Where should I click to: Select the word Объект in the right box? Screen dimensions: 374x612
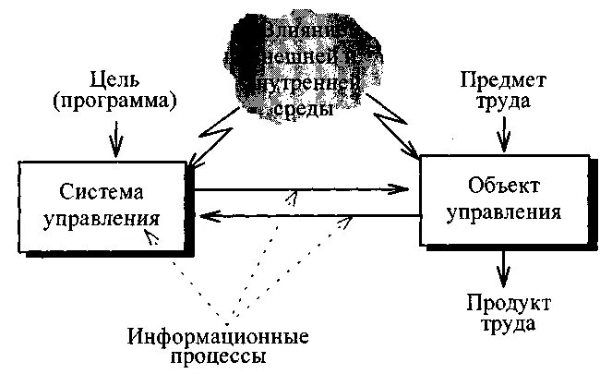pyautogui.click(x=504, y=185)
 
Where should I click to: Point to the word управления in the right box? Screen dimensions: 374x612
pyautogui.click(x=503, y=211)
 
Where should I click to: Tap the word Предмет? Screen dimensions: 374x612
pyautogui.click(x=501, y=79)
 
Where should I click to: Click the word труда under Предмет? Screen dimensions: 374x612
pyautogui.click(x=501, y=101)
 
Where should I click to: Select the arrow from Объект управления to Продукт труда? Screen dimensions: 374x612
pyautogui.click(x=503, y=271)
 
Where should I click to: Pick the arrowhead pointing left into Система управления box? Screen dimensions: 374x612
pyautogui.click(x=210, y=217)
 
